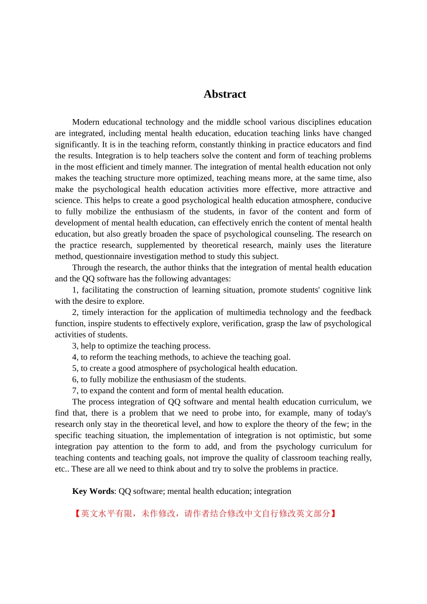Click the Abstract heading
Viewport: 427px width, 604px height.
pyautogui.click(x=225, y=94)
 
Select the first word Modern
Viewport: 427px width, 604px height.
pyautogui.click(x=85, y=122)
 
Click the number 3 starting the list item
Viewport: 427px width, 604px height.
pyautogui.click(x=75, y=346)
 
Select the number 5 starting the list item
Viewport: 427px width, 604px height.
pyautogui.click(x=75, y=369)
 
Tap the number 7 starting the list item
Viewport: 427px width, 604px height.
pyautogui.click(x=75, y=391)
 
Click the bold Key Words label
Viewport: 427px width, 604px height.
pyautogui.click(x=93, y=491)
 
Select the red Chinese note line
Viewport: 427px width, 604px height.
pyautogui.click(x=205, y=514)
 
